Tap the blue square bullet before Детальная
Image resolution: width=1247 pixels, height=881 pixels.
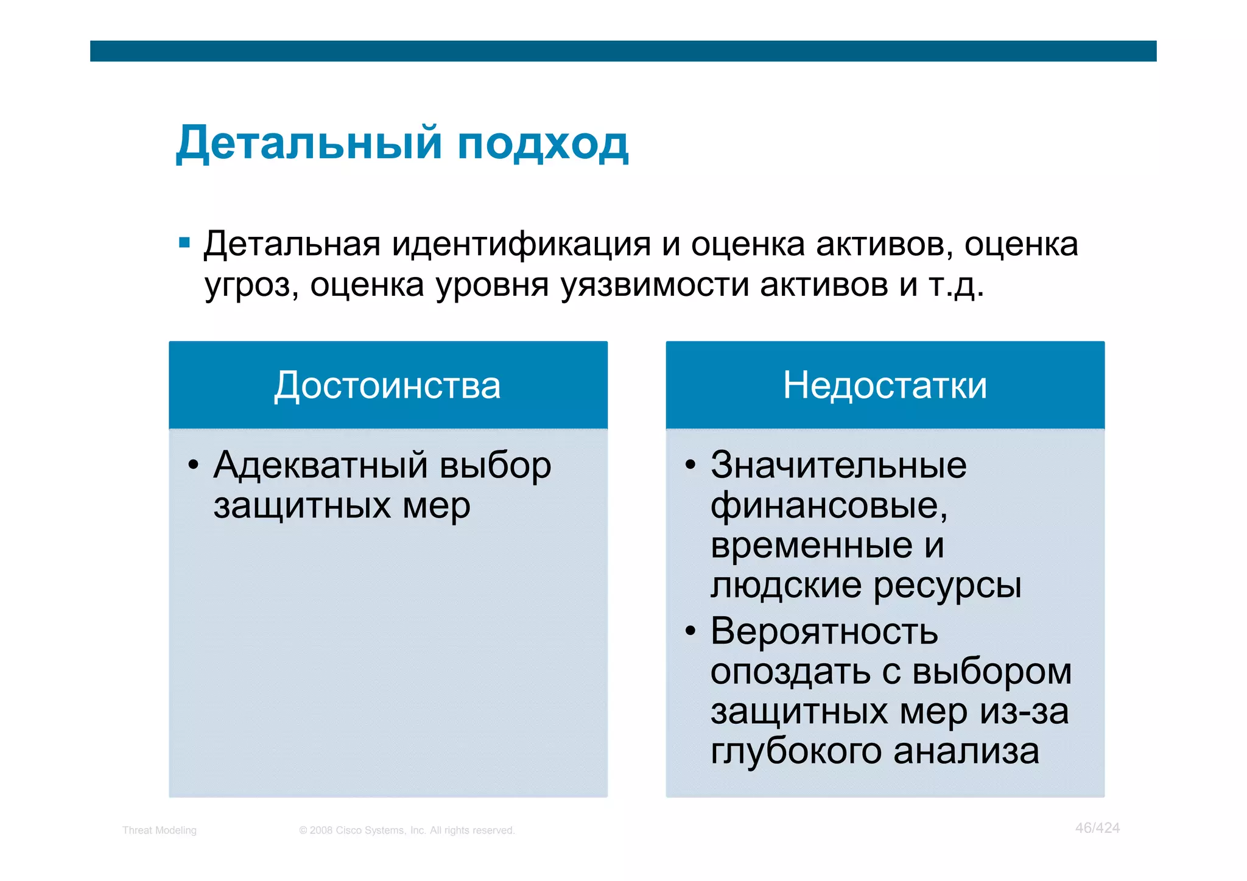184,244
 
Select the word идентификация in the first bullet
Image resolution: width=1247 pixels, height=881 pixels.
521,245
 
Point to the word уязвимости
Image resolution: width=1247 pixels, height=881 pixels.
655,285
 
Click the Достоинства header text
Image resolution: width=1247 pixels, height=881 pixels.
387,385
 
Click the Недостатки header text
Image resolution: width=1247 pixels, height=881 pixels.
885,385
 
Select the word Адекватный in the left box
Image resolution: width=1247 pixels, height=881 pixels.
321,466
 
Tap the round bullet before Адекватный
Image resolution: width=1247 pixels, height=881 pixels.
194,466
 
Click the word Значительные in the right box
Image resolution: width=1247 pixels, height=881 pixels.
838,466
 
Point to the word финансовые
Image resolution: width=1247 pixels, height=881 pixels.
829,506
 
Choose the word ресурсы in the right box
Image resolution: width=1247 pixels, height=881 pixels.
947,586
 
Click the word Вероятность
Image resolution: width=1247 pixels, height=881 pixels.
824,631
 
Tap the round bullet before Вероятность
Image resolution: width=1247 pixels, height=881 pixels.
690,632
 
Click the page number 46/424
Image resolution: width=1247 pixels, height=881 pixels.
1097,828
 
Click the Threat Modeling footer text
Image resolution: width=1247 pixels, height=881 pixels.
160,830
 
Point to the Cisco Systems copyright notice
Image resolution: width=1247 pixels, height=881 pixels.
407,830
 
